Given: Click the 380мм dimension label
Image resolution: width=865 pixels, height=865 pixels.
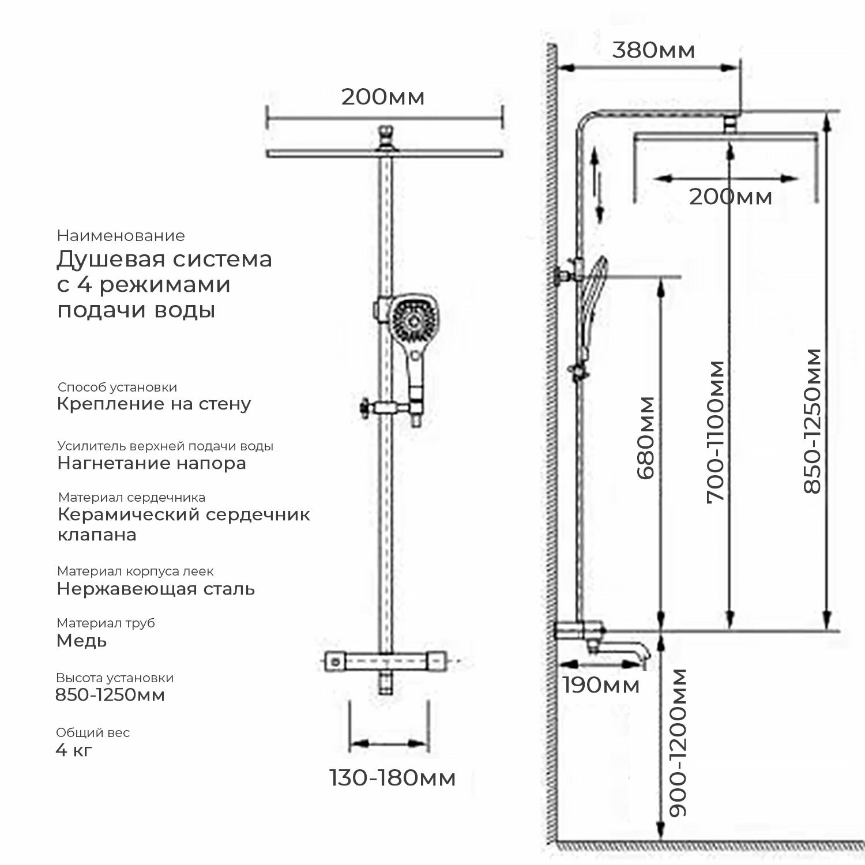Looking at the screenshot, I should (653, 51).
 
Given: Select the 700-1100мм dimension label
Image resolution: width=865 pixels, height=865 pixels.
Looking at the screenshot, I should (716, 432).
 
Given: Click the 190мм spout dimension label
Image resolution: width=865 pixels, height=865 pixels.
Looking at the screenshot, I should (601, 686).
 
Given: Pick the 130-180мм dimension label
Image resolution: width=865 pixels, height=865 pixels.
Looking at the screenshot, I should (392, 778).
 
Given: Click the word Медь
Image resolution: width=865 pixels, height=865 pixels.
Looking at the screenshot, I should (81, 641).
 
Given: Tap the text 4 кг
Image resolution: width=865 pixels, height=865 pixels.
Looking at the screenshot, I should (74, 750).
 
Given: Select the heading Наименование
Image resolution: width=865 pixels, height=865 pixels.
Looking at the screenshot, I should (121, 236).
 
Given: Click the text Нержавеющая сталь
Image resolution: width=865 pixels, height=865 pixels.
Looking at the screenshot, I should (156, 589).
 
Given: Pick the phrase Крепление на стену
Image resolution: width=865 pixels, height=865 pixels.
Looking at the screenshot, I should (154, 404).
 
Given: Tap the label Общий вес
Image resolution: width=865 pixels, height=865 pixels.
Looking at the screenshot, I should (93, 733).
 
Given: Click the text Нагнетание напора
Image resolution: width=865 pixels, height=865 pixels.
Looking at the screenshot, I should (152, 463).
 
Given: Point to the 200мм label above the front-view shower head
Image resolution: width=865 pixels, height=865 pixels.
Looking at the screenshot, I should (382, 97).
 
